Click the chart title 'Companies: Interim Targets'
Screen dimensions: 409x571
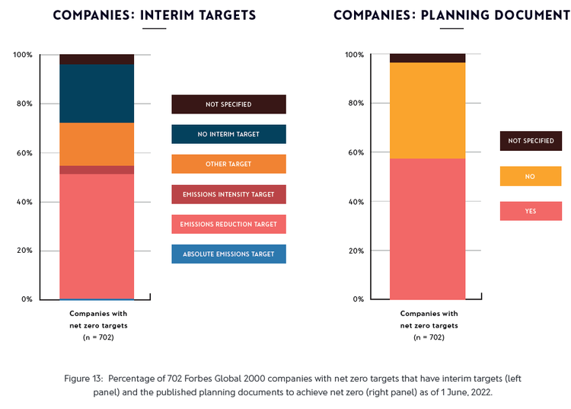(x=154, y=15)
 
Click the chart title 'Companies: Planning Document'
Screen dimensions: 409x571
(x=451, y=15)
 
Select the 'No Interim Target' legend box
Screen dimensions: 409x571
(x=228, y=134)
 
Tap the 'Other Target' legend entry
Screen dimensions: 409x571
(x=228, y=164)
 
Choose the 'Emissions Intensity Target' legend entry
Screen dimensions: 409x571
(x=228, y=194)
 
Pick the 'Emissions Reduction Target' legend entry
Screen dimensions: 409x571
(x=228, y=224)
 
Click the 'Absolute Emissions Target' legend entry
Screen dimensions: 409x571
(x=228, y=254)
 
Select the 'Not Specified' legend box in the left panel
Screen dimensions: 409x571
(x=228, y=104)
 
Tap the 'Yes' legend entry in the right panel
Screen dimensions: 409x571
(x=530, y=211)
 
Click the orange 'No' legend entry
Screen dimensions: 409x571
(x=530, y=176)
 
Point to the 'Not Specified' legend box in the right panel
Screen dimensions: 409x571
(x=530, y=141)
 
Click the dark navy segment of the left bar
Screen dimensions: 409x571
(x=97, y=93)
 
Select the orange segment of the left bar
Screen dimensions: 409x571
(x=97, y=144)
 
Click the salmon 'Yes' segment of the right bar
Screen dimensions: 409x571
(x=427, y=228)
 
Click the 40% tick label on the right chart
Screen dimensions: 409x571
(x=355, y=202)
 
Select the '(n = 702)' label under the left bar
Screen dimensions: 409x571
(x=98, y=337)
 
